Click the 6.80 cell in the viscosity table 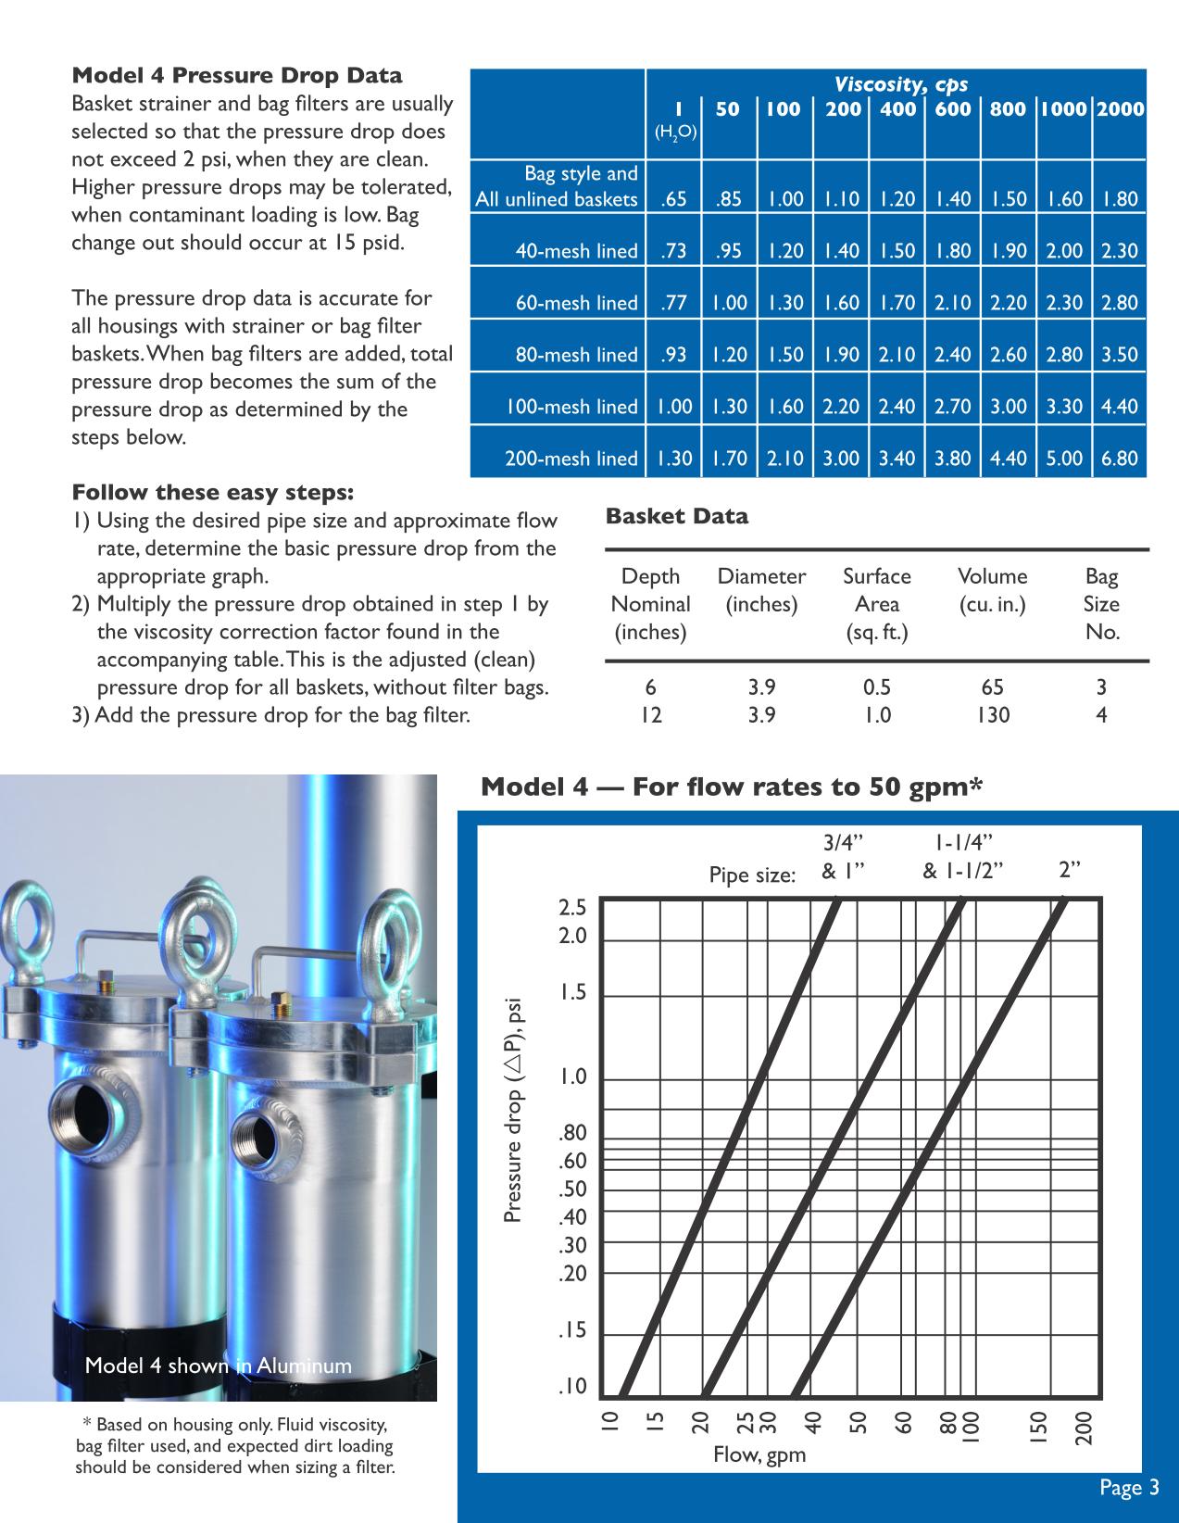tap(1119, 458)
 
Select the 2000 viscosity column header tap(1120, 109)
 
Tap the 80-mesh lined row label tap(577, 354)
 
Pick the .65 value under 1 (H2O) tap(674, 198)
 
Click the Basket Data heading tap(676, 516)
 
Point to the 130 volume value tap(992, 714)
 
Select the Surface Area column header tap(876, 603)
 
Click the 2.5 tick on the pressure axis tap(572, 907)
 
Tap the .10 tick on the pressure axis tap(572, 1387)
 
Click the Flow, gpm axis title tap(759, 1454)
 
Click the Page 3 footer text tap(1129, 1488)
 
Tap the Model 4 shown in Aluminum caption tap(219, 1366)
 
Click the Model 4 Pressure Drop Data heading tap(237, 75)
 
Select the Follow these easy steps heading tap(212, 491)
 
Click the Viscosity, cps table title tap(900, 84)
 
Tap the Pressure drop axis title tap(513, 1110)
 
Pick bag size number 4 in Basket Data tap(1101, 714)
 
